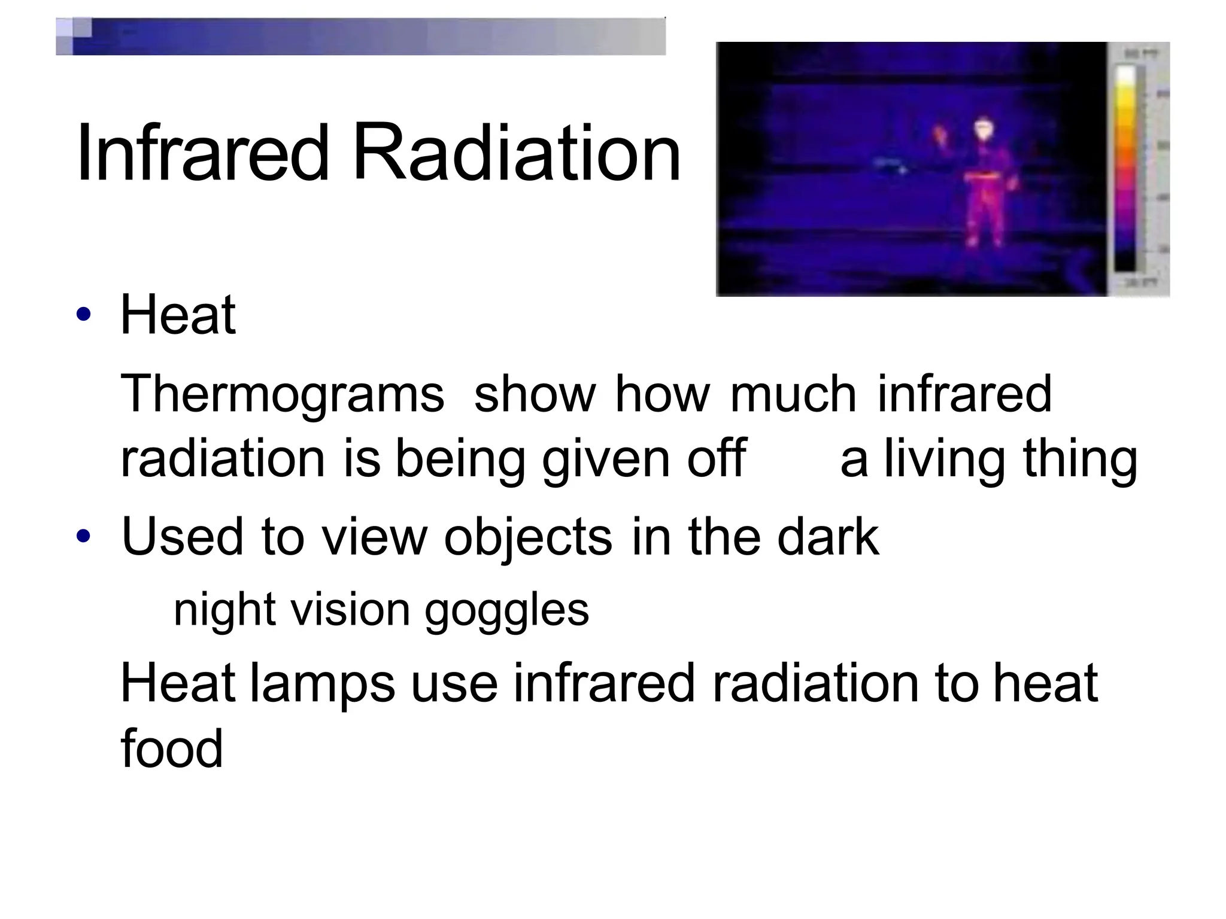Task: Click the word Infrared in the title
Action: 202,153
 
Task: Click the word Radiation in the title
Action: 516,153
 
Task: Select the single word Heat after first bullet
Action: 178,315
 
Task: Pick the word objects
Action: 528,537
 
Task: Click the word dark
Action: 828,537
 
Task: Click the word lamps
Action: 322,684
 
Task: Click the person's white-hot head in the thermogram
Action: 983,129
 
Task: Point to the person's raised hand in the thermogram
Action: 940,135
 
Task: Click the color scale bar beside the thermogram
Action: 1125,168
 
